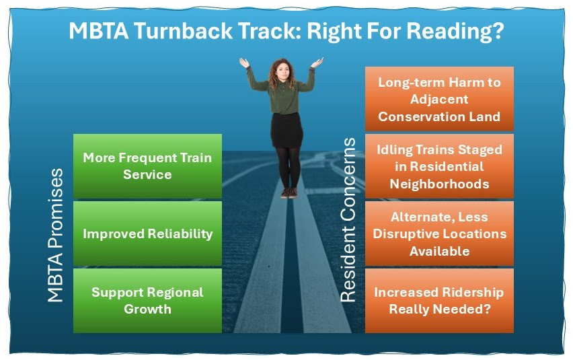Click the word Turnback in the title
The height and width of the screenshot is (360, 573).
tap(183, 31)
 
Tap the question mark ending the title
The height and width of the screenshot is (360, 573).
tap(498, 31)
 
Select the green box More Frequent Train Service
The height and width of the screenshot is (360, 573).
tap(148, 166)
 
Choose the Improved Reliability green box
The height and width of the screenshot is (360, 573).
tap(148, 233)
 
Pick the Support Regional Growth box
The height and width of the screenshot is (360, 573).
tap(148, 300)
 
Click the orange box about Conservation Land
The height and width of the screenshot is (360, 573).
tap(439, 99)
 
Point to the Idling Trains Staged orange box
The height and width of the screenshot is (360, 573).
tap(439, 166)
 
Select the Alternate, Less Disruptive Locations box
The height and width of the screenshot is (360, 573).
tap(439, 233)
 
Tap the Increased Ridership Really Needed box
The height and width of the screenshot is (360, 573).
tap(439, 300)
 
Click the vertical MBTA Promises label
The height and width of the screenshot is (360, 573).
tap(56, 235)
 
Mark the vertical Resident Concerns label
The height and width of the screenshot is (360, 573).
tap(348, 219)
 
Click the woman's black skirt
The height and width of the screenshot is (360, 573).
tap(286, 130)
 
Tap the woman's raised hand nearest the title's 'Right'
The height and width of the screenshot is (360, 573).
tap(317, 63)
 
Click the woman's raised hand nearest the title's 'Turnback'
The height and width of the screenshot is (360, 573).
tap(244, 63)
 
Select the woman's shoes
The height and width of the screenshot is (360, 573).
tap(289, 193)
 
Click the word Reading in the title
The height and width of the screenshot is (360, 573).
tap(449, 31)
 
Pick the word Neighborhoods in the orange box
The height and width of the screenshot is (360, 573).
tap(439, 184)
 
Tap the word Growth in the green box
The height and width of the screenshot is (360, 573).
tap(148, 310)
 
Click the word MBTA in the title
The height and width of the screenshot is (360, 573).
tap(99, 31)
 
